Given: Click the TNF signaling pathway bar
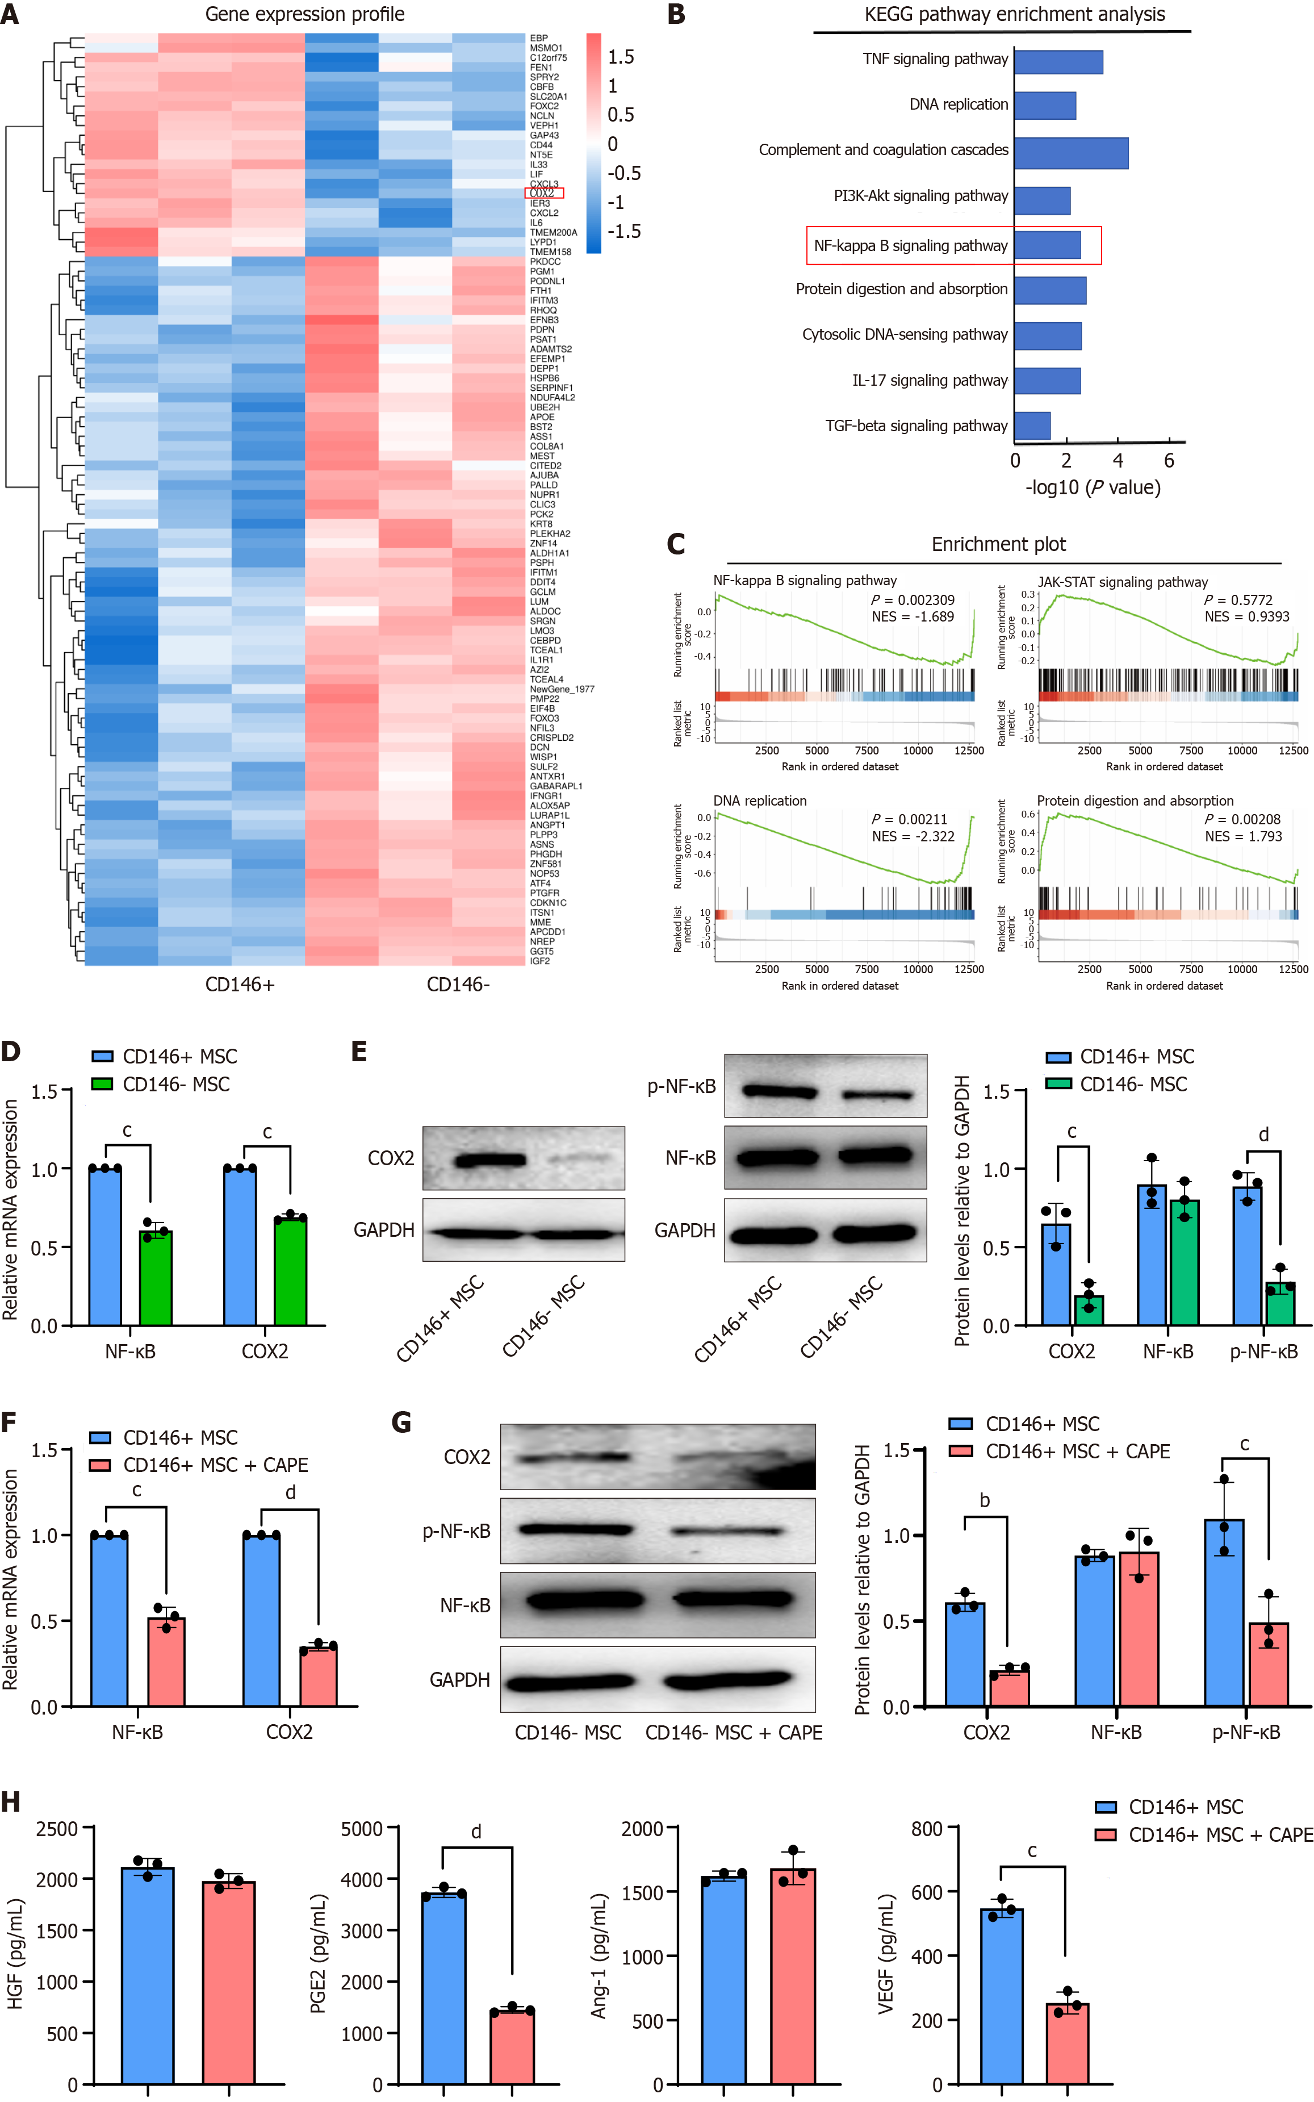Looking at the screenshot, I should pos(1058,62).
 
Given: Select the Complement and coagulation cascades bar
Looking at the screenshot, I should pos(1070,153).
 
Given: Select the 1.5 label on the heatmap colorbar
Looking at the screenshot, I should pos(621,57).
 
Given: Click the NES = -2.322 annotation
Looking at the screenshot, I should pos(913,836).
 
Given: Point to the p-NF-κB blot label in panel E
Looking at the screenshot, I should pos(681,1086).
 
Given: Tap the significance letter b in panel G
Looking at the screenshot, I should pos(985,1500).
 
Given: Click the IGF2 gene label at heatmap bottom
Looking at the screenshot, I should pos(539,961).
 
